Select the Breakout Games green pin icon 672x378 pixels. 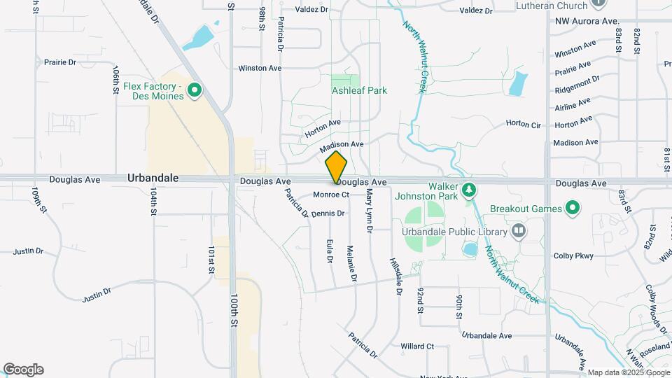pyautogui.click(x=573, y=208)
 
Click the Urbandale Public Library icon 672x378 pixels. pyautogui.click(x=519, y=230)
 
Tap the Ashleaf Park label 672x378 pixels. pyautogui.click(x=359, y=90)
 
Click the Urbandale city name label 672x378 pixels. pyautogui.click(x=153, y=178)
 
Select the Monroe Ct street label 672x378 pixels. pyautogui.click(x=331, y=194)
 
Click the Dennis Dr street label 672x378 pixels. pyautogui.click(x=328, y=213)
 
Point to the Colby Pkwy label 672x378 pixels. pyautogui.click(x=573, y=255)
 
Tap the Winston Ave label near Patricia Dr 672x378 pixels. pyautogui.click(x=260, y=68)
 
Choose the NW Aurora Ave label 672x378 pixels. pyautogui.click(x=587, y=22)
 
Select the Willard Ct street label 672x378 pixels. pyautogui.click(x=417, y=346)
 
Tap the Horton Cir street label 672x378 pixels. pyautogui.click(x=524, y=124)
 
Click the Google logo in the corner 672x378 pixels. pyautogui.click(x=23, y=370)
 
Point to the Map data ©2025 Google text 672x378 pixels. pyautogui.click(x=628, y=372)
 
